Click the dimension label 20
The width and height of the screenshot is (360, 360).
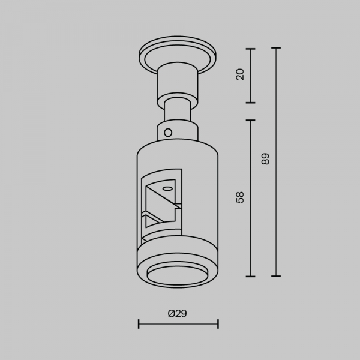point(240,74)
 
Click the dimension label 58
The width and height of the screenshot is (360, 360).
point(240,197)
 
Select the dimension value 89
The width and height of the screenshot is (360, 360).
point(265,158)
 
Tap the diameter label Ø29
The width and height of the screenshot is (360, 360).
point(177,313)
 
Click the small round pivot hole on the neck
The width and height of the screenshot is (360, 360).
point(168,133)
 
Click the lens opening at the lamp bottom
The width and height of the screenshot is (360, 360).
point(178,275)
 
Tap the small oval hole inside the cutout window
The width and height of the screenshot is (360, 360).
point(167,189)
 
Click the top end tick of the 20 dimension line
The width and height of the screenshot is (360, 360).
point(250,49)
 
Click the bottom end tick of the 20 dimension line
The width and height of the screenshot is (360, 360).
point(250,103)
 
